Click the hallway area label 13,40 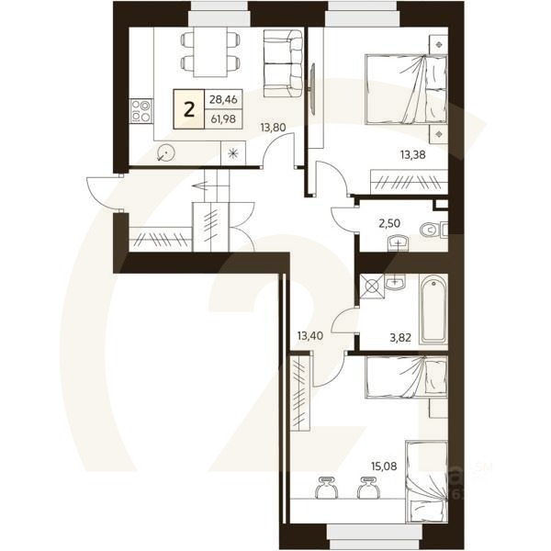(x=310, y=336)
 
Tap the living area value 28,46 (x=220, y=99)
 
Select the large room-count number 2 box (x=189, y=109)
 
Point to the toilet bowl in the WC (x=429, y=230)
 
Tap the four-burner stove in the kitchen (x=141, y=111)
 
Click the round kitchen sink (x=165, y=154)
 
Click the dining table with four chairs (x=201, y=51)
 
